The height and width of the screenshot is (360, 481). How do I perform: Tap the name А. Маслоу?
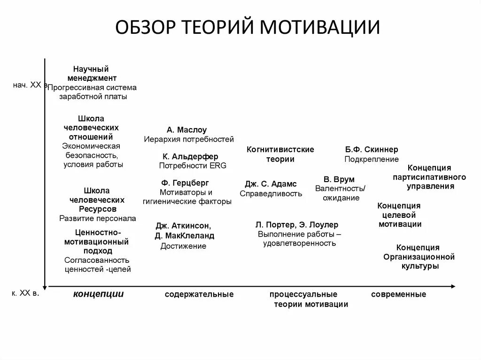(x=186, y=130)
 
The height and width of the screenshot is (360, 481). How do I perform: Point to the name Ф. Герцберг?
(x=185, y=183)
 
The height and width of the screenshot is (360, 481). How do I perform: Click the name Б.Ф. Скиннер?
(x=372, y=150)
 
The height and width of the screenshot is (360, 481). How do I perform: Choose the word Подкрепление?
(x=372, y=159)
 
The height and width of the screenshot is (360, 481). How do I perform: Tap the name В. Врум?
(x=339, y=179)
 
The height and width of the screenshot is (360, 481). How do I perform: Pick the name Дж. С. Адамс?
(x=271, y=184)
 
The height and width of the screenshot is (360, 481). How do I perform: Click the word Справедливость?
(x=271, y=193)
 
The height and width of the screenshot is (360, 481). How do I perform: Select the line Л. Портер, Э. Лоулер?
(x=297, y=225)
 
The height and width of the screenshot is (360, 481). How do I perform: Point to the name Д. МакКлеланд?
(x=185, y=236)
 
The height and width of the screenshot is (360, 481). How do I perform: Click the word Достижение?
(x=183, y=246)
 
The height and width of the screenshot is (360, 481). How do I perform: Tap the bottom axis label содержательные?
(x=199, y=294)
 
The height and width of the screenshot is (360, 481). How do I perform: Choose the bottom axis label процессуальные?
(x=303, y=294)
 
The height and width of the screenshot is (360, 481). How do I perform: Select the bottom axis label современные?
(x=398, y=294)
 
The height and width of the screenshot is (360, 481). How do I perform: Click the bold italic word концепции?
(x=98, y=294)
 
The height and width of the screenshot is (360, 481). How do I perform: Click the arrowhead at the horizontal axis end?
(x=453, y=286)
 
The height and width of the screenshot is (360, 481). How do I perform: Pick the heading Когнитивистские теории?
(x=280, y=154)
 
